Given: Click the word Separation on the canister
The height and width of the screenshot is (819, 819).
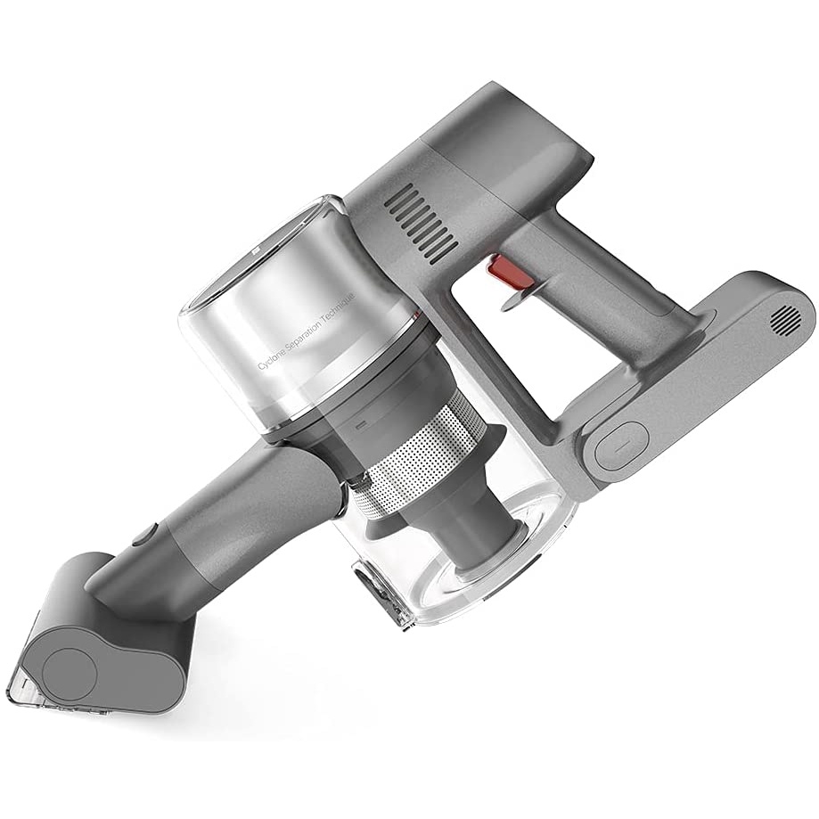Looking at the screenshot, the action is click(x=308, y=330).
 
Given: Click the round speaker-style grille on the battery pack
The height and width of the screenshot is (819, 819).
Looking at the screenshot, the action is click(x=785, y=318).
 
